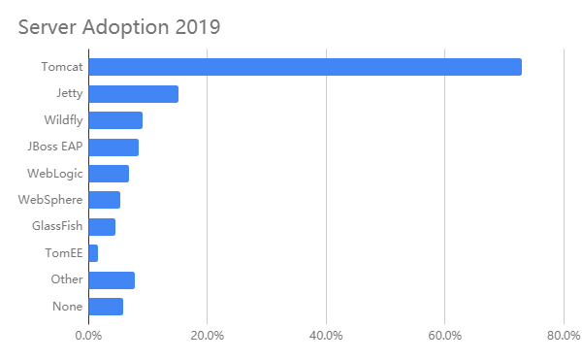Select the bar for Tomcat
pos(305,67)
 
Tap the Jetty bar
pos(133,94)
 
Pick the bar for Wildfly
pos(115,120)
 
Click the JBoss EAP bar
pos(113,147)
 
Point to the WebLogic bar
pos(109,174)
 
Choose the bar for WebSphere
pos(104,200)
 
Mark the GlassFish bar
pos(102,227)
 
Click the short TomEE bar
pos(93,253)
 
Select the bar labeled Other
pos(112,280)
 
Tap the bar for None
pos(106,307)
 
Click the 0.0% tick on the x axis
pos(88,337)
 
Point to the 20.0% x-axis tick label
pos(207,337)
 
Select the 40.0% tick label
pos(326,337)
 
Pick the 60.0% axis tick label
pos(444,337)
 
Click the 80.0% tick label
pos(564,337)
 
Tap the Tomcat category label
pos(61,68)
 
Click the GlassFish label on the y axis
pos(58,227)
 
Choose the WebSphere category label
pos(51,201)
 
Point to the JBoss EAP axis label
pos(55,147)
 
